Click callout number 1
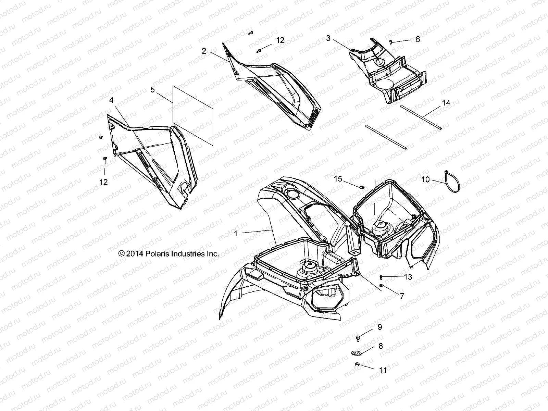(236, 234)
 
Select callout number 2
(204, 51)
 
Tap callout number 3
(328, 38)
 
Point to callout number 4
(111, 100)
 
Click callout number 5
(152, 90)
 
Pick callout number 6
(418, 39)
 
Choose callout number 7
(402, 296)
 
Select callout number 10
(425, 180)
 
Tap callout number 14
(446, 103)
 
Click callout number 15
(338, 179)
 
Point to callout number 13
(408, 277)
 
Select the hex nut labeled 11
(357, 364)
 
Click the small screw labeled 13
(381, 277)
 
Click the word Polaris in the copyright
(157, 254)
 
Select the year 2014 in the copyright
(135, 254)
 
